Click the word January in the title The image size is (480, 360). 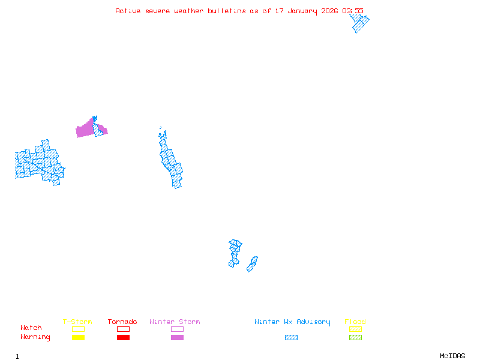[x=298, y=11]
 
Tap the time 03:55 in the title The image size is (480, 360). [x=352, y=11]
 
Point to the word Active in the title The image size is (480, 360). [x=128, y=11]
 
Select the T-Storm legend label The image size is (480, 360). [x=77, y=322]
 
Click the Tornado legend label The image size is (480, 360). [x=122, y=322]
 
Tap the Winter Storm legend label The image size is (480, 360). [x=175, y=322]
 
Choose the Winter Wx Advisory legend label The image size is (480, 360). [x=292, y=322]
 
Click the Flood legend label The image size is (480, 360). [x=355, y=322]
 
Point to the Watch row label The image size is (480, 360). [x=31, y=328]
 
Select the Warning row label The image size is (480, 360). [x=35, y=337]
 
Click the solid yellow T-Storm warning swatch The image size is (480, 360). [x=78, y=337]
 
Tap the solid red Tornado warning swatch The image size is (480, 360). [x=123, y=337]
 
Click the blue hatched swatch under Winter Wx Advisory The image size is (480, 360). [x=291, y=337]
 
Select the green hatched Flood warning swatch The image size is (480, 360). [x=355, y=337]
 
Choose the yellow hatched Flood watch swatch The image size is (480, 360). [x=355, y=329]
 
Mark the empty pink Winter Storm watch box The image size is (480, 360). [x=177, y=329]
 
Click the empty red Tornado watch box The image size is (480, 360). [x=123, y=329]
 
